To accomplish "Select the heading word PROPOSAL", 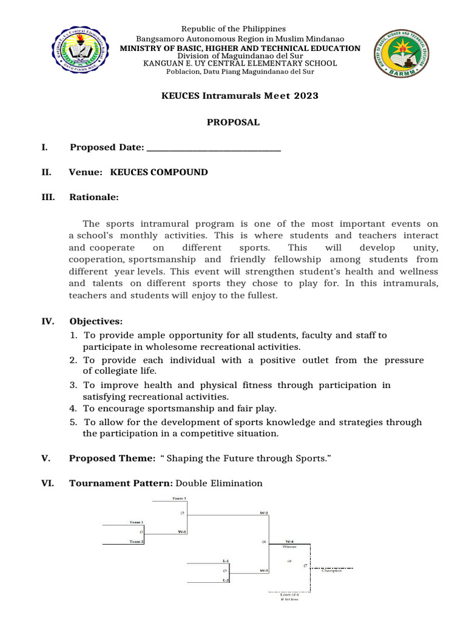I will (233, 122).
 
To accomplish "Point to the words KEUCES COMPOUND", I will (158, 172).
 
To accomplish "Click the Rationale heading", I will (94, 197).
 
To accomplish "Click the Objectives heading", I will (96, 321).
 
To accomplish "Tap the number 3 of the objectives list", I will (73, 385).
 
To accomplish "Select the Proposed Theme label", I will (108, 458).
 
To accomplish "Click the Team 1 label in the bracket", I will (136, 522).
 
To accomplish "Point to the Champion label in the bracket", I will (332, 570).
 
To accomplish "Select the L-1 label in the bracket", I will (226, 560).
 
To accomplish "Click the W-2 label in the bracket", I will (264, 512).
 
